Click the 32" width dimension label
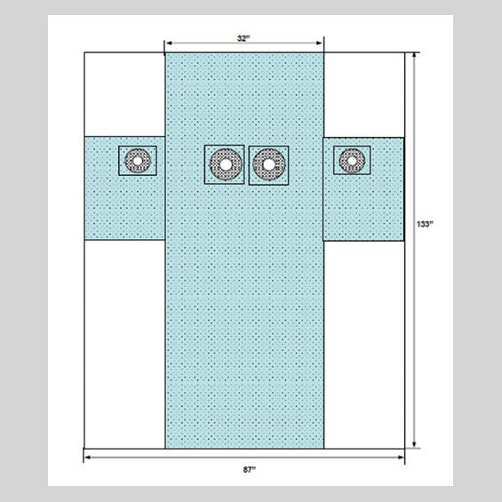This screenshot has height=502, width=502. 243,38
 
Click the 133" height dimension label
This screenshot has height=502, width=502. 425,224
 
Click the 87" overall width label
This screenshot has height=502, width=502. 250,470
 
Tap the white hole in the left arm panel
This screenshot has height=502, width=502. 138,161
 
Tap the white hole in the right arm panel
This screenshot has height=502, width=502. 352,161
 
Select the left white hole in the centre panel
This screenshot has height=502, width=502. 226,164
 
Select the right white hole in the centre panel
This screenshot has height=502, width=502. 269,164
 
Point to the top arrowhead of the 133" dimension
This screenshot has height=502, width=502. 414,56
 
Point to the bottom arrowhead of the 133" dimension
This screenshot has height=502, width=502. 414,444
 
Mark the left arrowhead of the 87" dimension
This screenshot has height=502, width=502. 88,458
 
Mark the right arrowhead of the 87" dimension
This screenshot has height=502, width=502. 401,458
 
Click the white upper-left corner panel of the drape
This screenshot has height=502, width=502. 125,94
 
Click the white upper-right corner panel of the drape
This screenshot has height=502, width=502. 364,95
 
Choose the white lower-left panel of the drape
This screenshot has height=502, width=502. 125,344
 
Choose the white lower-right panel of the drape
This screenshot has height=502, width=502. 364,345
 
